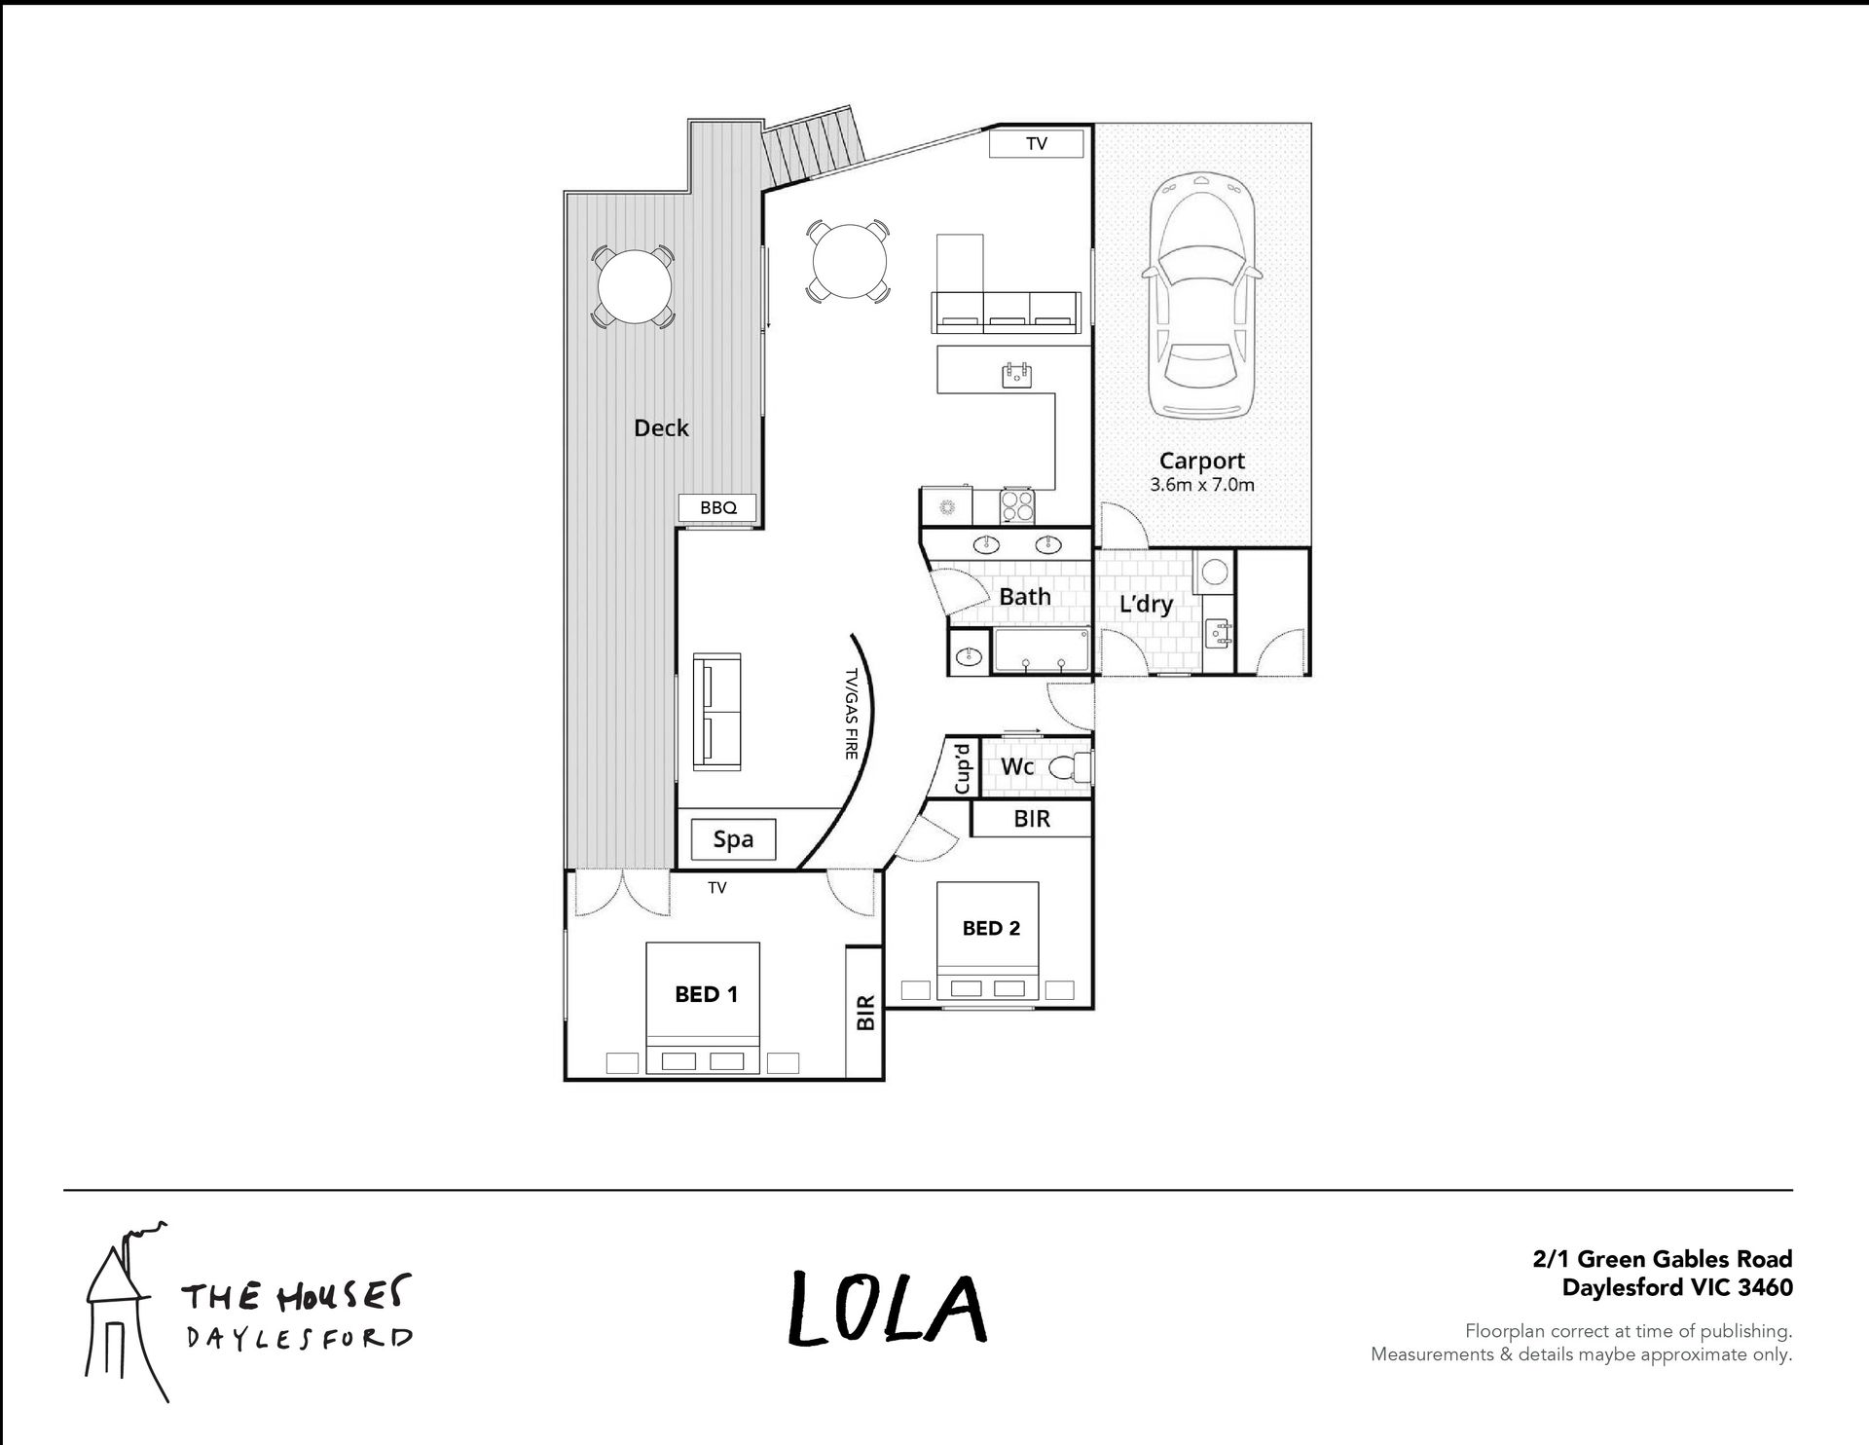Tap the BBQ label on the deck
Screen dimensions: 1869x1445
pos(718,507)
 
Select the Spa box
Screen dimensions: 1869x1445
pos(733,839)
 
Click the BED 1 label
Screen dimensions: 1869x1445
pos(706,994)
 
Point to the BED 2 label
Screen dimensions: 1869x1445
pos(991,928)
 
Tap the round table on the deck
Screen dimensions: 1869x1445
pos(634,287)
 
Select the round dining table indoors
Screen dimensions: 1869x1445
pos(848,261)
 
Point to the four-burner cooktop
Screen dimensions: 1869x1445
pos(1018,505)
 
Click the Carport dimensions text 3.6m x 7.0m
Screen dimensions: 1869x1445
pos(1202,484)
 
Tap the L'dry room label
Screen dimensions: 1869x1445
pos(1146,604)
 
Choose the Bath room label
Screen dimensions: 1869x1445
pos(1025,596)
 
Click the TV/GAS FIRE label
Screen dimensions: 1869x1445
pos(851,714)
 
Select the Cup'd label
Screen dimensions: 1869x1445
pos(963,768)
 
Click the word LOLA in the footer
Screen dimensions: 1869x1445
pos(887,1308)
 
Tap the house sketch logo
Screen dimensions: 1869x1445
pos(124,1310)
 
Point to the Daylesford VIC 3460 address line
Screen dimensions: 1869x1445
pos(1676,1287)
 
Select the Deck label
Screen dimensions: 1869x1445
pos(661,427)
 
